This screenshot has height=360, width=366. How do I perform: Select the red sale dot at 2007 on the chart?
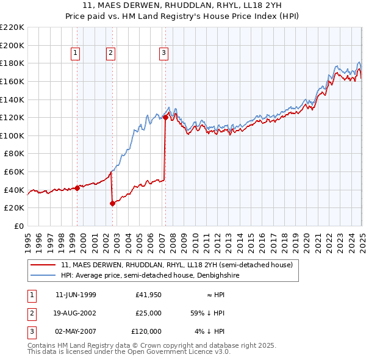point(165,118)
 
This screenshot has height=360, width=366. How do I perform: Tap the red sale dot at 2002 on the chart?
point(113,204)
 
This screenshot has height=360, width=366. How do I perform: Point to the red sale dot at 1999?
point(77,188)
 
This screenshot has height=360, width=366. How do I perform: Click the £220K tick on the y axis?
point(12,27)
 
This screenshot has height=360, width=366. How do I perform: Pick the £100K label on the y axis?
point(12,135)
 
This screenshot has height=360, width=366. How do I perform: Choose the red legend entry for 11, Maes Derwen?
point(177,265)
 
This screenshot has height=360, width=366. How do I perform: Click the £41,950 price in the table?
point(148,295)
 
